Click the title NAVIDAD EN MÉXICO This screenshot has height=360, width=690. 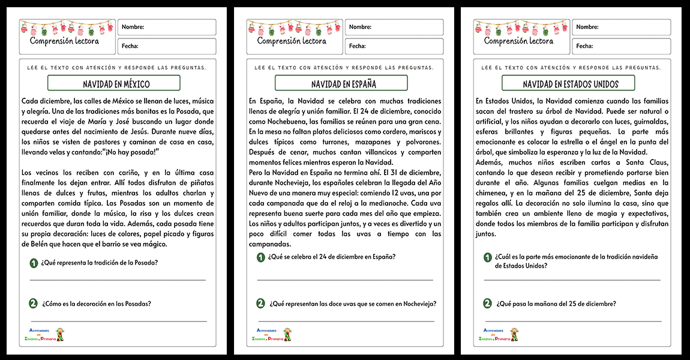[116, 84]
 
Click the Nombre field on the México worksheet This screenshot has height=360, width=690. [167, 28]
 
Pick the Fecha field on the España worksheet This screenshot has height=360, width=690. [394, 46]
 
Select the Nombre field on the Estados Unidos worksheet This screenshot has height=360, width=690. [621, 28]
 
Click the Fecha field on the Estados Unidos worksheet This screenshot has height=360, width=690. [621, 46]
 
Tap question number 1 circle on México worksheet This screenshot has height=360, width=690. [33, 263]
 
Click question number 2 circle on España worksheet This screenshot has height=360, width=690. [260, 304]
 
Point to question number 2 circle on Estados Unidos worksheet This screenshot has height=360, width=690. [487, 304]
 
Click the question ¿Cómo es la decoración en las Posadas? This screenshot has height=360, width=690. [96, 304]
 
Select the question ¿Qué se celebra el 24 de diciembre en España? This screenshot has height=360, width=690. [332, 257]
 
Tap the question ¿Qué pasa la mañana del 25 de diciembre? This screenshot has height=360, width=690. [556, 304]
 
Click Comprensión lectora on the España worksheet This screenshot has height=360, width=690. [292, 41]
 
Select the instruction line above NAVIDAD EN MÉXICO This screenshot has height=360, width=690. [116, 67]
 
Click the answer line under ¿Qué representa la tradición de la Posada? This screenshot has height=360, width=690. [117, 280]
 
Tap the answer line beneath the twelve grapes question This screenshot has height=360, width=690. [344, 321]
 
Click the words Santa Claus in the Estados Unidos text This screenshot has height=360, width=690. [650, 163]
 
